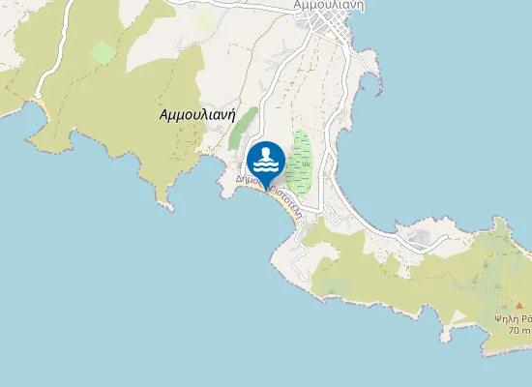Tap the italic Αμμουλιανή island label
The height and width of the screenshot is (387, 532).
tap(197, 113)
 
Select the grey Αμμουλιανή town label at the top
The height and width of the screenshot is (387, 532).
tap(328, 5)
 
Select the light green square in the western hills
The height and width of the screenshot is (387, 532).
tap(103, 52)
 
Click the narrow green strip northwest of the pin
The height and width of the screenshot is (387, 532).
tap(243, 129)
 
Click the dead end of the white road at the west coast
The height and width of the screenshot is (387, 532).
tap(40, 98)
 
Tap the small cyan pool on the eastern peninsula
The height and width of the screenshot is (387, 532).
tap(419, 235)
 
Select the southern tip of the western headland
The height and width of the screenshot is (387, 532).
tap(170, 209)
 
